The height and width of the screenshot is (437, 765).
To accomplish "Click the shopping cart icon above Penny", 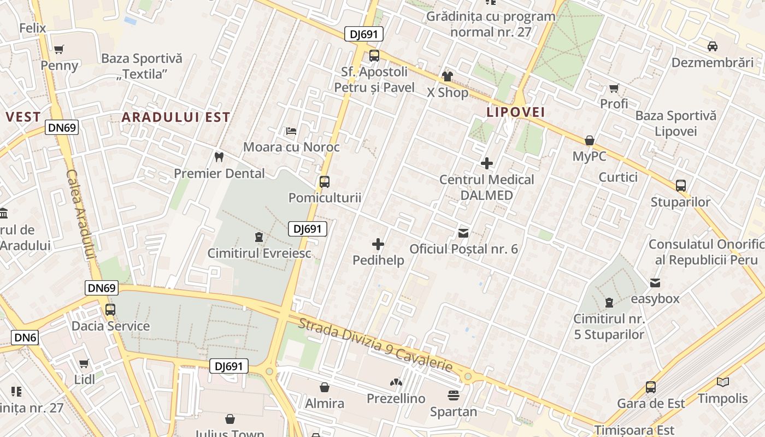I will (x=59, y=49).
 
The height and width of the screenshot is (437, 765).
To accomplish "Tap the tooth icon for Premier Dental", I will (x=219, y=157).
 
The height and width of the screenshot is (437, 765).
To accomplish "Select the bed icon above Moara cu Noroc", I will (x=291, y=131).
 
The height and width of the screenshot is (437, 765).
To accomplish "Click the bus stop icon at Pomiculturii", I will (x=325, y=181).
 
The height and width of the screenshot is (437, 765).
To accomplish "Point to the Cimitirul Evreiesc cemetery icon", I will (x=258, y=237).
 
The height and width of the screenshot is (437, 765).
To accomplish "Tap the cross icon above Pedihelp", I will (x=378, y=244).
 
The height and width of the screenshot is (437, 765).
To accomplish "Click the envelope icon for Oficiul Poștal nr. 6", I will (x=463, y=233).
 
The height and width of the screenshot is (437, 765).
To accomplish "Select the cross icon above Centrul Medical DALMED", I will (x=486, y=163).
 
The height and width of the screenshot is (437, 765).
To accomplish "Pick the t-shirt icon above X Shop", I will (x=448, y=76).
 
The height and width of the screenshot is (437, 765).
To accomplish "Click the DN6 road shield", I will (x=25, y=338).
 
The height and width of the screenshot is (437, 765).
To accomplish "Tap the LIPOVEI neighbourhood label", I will (x=516, y=112).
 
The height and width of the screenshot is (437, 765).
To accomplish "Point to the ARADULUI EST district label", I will (x=175, y=117).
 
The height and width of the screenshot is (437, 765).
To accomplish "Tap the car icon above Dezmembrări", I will (x=713, y=46).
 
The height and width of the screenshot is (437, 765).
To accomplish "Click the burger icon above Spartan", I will (x=454, y=395).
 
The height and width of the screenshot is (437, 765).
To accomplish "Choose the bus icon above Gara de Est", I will (x=650, y=387).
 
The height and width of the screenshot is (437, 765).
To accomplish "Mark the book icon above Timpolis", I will (x=723, y=382).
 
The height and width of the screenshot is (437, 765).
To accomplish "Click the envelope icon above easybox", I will (x=655, y=283).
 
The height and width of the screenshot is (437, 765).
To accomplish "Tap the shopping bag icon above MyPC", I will (x=589, y=140).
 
